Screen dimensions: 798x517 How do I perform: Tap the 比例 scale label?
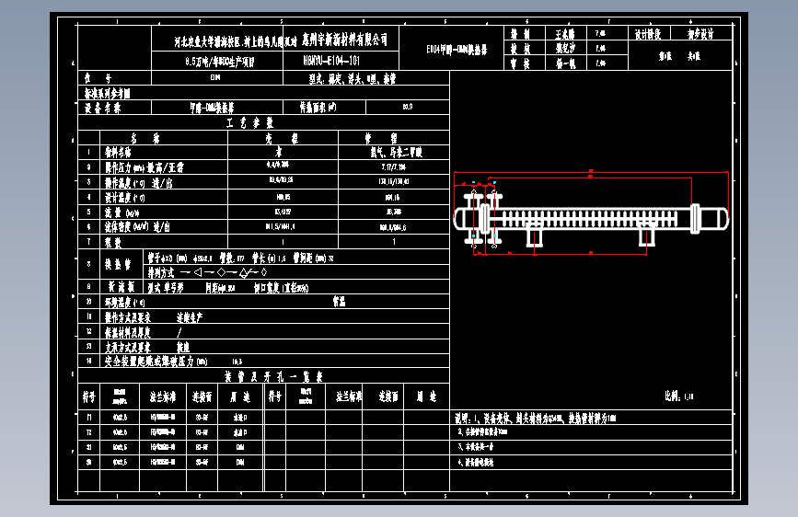(x=675, y=396)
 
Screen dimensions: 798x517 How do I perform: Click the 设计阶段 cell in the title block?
(x=648, y=33)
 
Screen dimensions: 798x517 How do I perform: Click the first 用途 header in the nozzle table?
(x=242, y=396)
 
